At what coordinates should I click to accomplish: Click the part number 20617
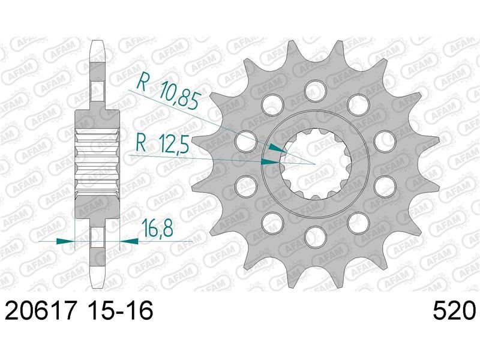40,310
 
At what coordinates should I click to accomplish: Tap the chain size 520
454,310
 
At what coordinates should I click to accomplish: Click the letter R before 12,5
141,143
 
